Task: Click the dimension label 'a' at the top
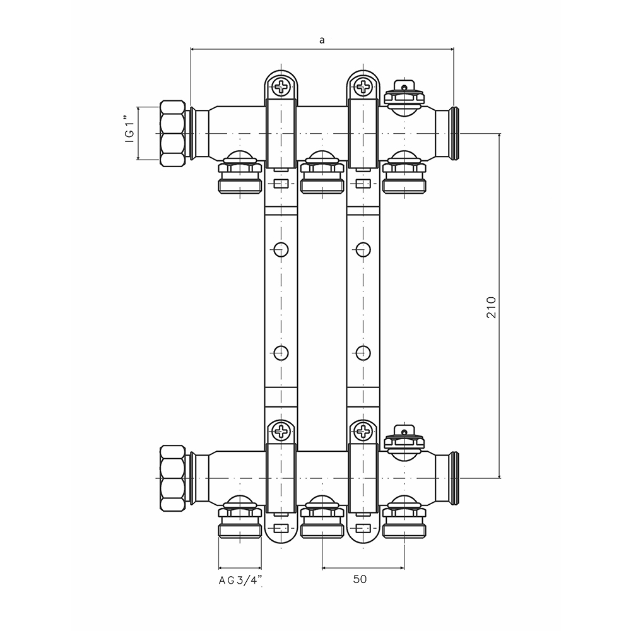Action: click(x=322, y=40)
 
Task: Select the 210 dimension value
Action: click(x=493, y=307)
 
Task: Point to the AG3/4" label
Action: click(x=240, y=580)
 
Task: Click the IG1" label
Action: click(x=128, y=134)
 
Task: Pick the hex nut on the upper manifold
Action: click(x=174, y=134)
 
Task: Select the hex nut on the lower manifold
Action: click(x=174, y=478)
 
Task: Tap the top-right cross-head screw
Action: click(x=364, y=85)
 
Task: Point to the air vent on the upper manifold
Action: click(x=406, y=93)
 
